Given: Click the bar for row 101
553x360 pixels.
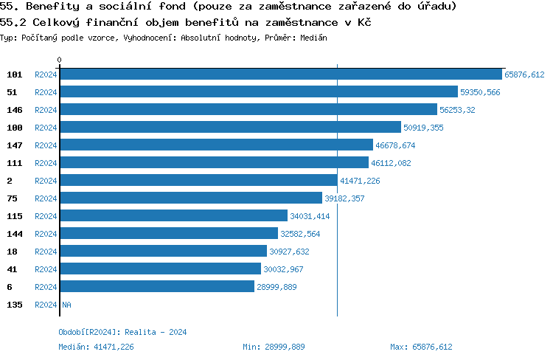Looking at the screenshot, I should (281, 75).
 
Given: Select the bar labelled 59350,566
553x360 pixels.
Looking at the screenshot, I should (259, 92).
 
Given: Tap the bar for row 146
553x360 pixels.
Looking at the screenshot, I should (248, 110).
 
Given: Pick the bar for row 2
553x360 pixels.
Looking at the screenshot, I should (199, 181).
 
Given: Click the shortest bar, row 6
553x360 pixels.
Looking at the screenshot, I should (157, 287).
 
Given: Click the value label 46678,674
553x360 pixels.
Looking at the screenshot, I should (395, 145).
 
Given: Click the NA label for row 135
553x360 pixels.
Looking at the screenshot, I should (66, 305).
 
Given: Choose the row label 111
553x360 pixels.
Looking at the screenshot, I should (14, 163).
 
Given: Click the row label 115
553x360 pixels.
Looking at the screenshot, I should (14, 216).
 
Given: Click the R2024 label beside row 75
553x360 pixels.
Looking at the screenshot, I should (46, 198).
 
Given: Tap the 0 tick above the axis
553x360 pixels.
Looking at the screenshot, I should (60, 60).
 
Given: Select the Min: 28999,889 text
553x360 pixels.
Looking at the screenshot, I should (274, 347).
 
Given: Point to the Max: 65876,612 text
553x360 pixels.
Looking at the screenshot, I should (421, 347).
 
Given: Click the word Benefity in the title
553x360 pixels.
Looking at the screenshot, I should (49, 7).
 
